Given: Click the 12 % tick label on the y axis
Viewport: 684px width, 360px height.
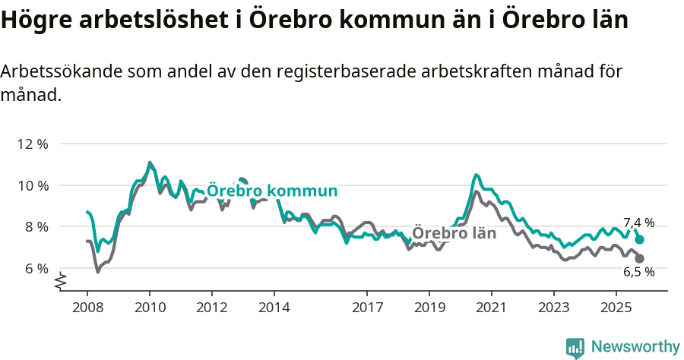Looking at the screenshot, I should (33, 144).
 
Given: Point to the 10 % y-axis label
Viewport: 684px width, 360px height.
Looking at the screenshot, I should (33, 185).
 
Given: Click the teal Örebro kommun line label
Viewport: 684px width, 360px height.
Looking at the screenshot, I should (272, 191).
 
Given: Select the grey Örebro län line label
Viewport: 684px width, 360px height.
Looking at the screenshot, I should (454, 233).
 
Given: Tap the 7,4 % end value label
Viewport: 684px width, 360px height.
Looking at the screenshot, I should (638, 223).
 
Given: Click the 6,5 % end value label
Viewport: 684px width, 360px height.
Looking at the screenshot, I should (638, 272).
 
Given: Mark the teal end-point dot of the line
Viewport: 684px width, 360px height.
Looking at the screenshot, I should (640, 239).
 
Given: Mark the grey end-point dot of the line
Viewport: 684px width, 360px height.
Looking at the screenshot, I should (640, 259).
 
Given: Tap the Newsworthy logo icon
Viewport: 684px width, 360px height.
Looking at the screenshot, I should (575, 348).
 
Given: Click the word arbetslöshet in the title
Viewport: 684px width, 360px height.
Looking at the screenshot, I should (147, 21).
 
